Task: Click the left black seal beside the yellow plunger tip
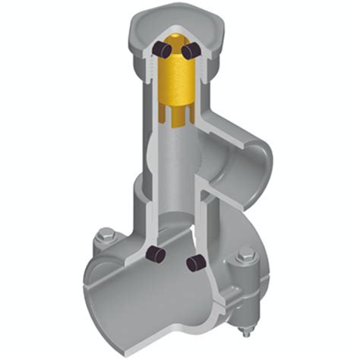click(x=161, y=50)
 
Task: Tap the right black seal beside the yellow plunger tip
click(x=189, y=50)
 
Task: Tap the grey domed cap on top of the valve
click(x=176, y=23)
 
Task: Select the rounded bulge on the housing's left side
click(x=131, y=190)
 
